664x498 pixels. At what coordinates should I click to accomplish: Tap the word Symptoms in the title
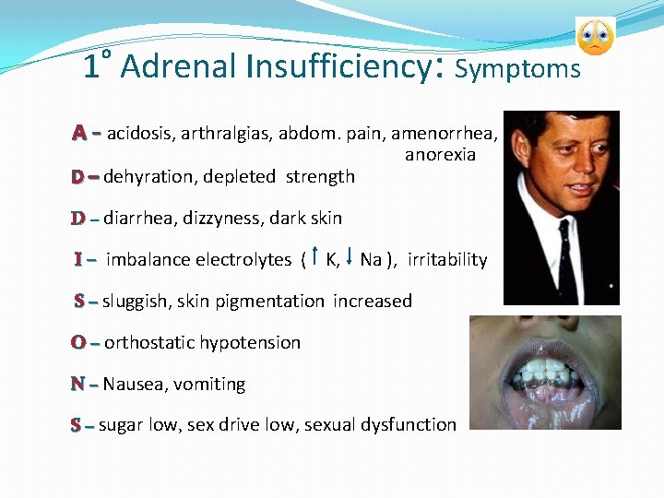518,69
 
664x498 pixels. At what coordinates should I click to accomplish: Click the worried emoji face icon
595,36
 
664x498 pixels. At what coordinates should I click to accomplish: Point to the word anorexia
440,155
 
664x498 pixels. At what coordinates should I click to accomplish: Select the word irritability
447,260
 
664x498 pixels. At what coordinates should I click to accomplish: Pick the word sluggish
136,302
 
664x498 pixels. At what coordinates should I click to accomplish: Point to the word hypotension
250,343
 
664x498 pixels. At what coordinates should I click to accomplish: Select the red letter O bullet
79,342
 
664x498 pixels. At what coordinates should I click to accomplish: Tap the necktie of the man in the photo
565,267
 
